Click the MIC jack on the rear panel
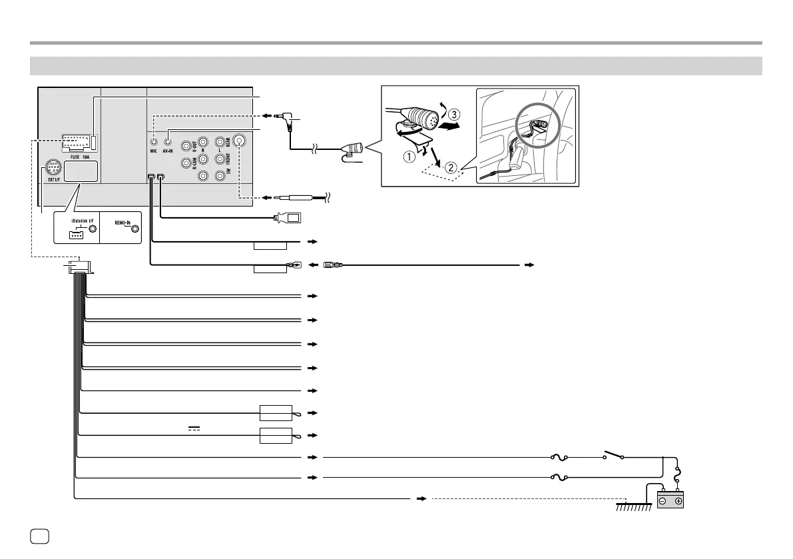click(154, 141)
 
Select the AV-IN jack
click(169, 141)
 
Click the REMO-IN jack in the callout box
click(136, 229)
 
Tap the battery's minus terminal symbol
click(663, 501)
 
